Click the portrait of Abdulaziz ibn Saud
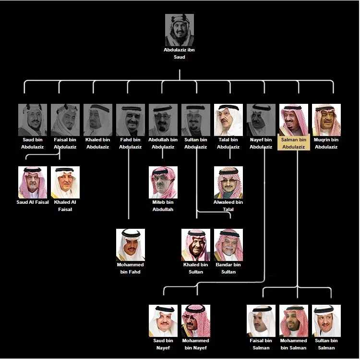point(180,29)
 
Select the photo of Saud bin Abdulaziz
point(33,120)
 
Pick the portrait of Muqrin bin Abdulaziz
point(326,120)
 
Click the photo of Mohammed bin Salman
point(294,321)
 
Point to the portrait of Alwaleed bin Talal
point(228,182)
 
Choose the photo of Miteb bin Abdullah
point(163,182)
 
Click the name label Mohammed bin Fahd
point(131,268)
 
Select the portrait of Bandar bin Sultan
point(228,245)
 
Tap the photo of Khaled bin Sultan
point(196,245)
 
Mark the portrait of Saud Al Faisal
point(33,182)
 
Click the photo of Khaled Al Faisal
point(65,182)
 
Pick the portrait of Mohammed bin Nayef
point(196,321)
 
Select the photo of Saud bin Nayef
point(163,321)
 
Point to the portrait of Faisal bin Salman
point(261,321)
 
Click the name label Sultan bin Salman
point(326,344)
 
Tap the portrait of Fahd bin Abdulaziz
point(131,120)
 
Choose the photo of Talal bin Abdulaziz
point(228,120)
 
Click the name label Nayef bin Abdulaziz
point(261,143)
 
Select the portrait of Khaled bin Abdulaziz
point(98,120)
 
